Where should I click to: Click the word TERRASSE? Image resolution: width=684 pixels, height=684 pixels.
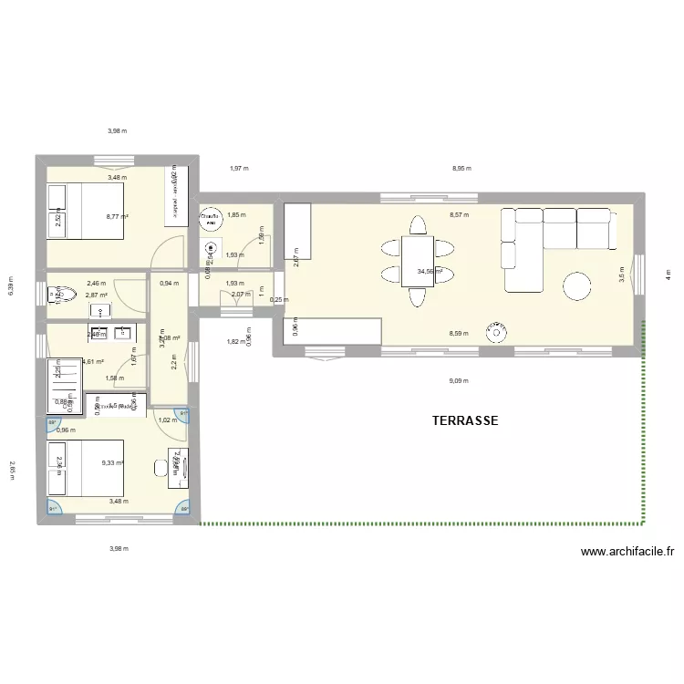click(464, 420)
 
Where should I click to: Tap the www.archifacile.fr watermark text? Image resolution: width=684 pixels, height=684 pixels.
click(627, 551)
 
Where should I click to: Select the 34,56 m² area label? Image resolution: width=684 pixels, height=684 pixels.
click(430, 271)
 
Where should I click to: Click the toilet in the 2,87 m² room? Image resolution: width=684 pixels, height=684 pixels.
click(55, 294)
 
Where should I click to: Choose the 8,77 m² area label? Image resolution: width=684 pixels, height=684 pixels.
click(117, 216)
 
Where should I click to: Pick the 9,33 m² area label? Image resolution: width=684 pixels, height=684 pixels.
click(114, 462)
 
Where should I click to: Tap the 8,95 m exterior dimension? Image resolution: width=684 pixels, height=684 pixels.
click(462, 168)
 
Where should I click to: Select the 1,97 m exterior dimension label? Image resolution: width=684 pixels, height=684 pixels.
click(238, 168)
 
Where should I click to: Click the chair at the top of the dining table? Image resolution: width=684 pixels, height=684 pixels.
click(418, 224)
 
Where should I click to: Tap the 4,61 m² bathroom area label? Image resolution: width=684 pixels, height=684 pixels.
click(93, 361)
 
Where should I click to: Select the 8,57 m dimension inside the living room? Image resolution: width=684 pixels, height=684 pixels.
click(459, 215)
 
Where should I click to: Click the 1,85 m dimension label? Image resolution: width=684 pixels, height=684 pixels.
click(236, 215)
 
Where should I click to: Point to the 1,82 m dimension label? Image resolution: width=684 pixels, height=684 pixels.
click(234, 341)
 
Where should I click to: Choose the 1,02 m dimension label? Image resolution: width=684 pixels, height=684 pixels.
click(167, 420)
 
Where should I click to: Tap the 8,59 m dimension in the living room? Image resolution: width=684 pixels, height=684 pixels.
click(459, 334)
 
